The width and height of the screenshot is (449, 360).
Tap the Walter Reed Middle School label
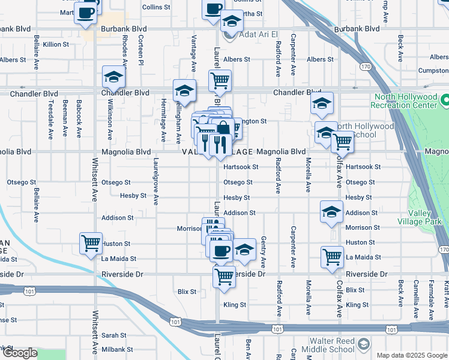tap(326, 345)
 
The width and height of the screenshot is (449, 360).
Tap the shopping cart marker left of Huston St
tap(91, 244)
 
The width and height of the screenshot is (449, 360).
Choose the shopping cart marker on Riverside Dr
tap(224, 277)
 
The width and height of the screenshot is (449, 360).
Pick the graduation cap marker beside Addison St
tap(331, 212)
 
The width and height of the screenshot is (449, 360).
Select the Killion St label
tap(56, 44)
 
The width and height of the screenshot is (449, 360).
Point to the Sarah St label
tap(113, 335)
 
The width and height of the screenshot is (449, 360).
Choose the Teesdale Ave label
tap(50, 117)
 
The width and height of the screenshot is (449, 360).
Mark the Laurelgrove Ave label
tap(155, 181)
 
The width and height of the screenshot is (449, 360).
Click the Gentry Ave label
tap(263, 252)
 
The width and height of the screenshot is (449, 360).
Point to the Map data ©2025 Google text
tap(411, 355)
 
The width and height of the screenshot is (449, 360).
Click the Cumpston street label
tap(433, 70)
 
